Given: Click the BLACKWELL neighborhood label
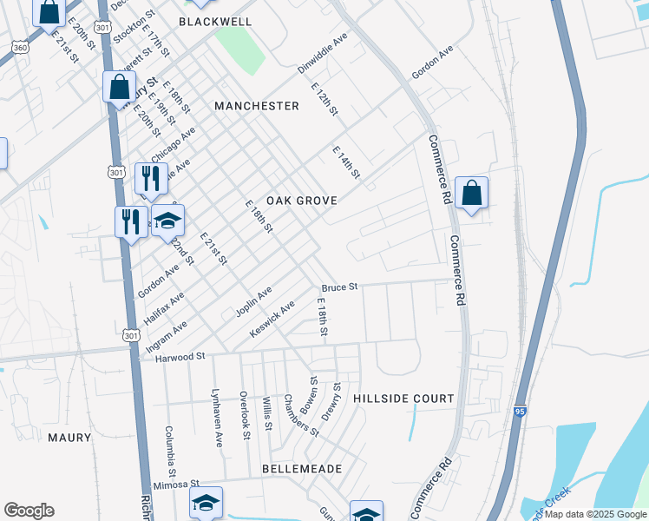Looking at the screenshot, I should pyautogui.click(x=215, y=21).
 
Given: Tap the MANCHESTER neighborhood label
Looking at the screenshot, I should pyautogui.click(x=257, y=106).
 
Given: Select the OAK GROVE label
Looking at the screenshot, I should pyautogui.click(x=301, y=200).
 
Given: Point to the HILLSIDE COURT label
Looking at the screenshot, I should pyautogui.click(x=403, y=399).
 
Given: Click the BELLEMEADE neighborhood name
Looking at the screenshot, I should pyautogui.click(x=302, y=469).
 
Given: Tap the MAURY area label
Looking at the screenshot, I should pyautogui.click(x=69, y=438).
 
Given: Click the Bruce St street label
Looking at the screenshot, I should pyautogui.click(x=340, y=287).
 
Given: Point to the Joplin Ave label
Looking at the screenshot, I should pyautogui.click(x=253, y=300).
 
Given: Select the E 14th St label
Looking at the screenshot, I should pyautogui.click(x=345, y=163).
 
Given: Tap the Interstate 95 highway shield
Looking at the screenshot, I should pyautogui.click(x=519, y=411).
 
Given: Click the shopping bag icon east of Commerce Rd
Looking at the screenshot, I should pyautogui.click(x=471, y=194).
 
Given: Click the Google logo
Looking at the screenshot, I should pyautogui.click(x=29, y=511).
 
